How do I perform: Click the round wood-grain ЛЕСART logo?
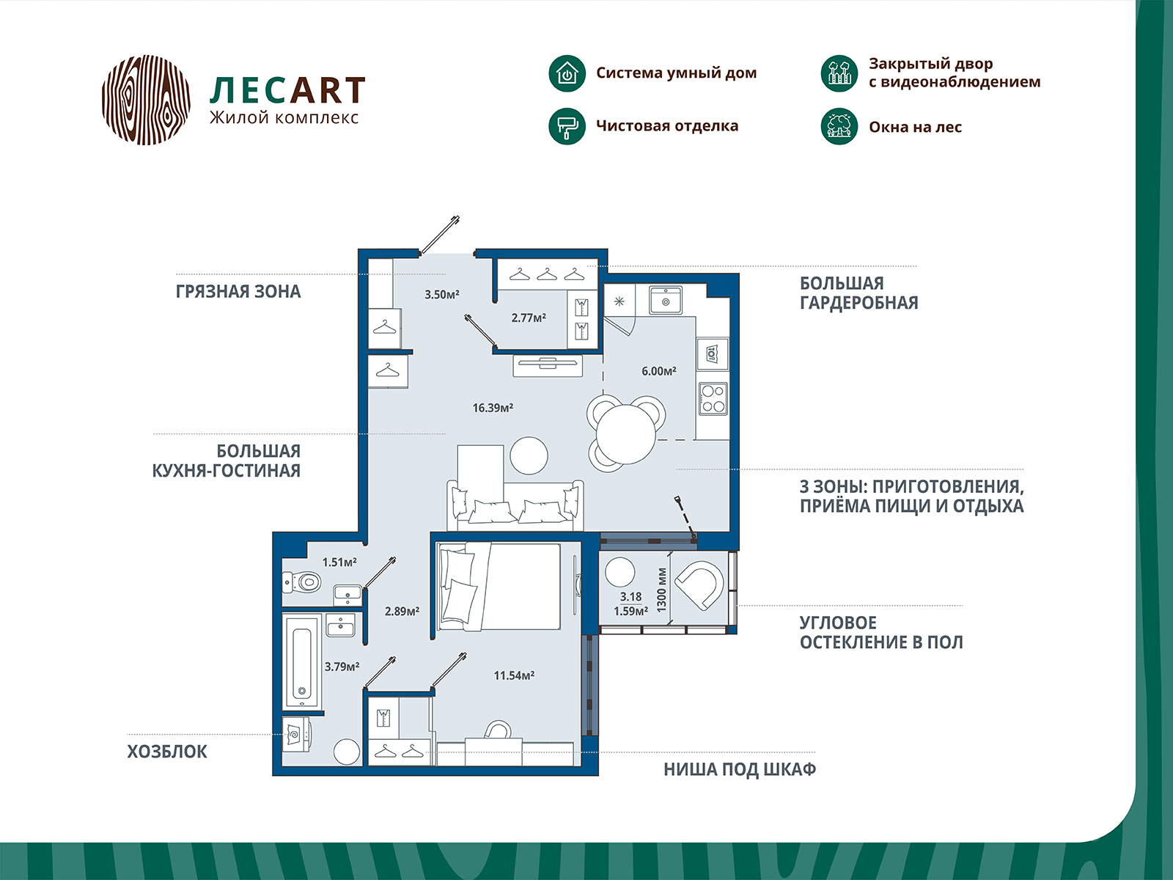coord(146,100)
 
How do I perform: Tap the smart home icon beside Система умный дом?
coord(567,73)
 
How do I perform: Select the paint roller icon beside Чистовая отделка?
coord(567,126)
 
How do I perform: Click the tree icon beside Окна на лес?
coord(839,126)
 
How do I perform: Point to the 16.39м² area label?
coord(492,408)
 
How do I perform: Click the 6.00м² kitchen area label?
coord(659,371)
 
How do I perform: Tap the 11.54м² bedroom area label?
coord(514,675)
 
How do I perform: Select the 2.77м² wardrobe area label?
coord(529,318)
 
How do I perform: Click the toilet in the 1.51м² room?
coord(302,582)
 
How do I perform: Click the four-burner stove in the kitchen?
coord(713,399)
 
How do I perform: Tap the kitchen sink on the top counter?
coord(666,300)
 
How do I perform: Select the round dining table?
coord(626,434)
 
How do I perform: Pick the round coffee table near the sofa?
coord(529,455)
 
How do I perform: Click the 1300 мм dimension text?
coord(661,590)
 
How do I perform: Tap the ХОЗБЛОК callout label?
coord(166,752)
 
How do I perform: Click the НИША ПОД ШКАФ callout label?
coord(740,769)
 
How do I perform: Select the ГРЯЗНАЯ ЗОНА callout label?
coord(238,292)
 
